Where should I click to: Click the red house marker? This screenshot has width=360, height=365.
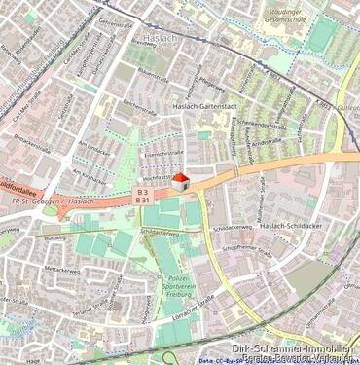pyautogui.click(x=180, y=180)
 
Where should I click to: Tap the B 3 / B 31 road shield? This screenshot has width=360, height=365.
pyautogui.click(x=142, y=197)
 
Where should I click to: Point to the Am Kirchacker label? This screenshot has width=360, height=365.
pyautogui.click(x=90, y=174)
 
